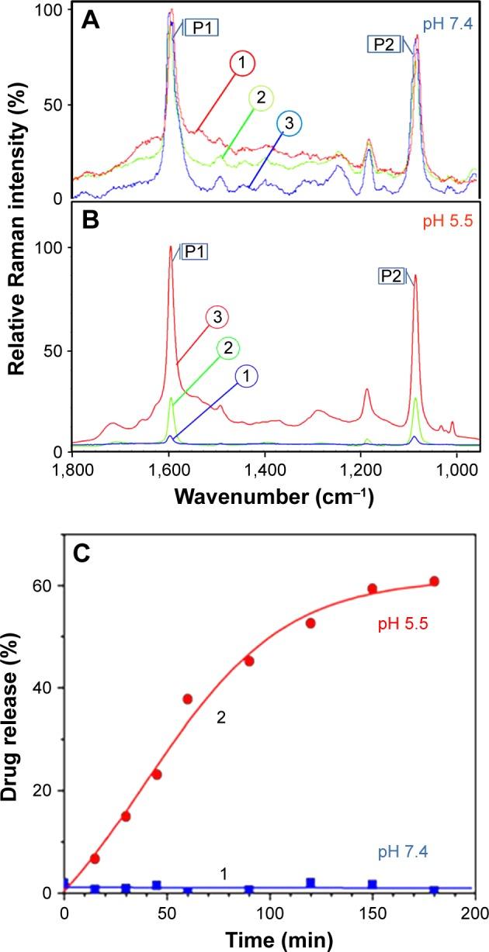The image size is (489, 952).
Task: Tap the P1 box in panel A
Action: pos(201,28)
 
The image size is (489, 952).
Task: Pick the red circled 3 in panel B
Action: pos(217,317)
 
